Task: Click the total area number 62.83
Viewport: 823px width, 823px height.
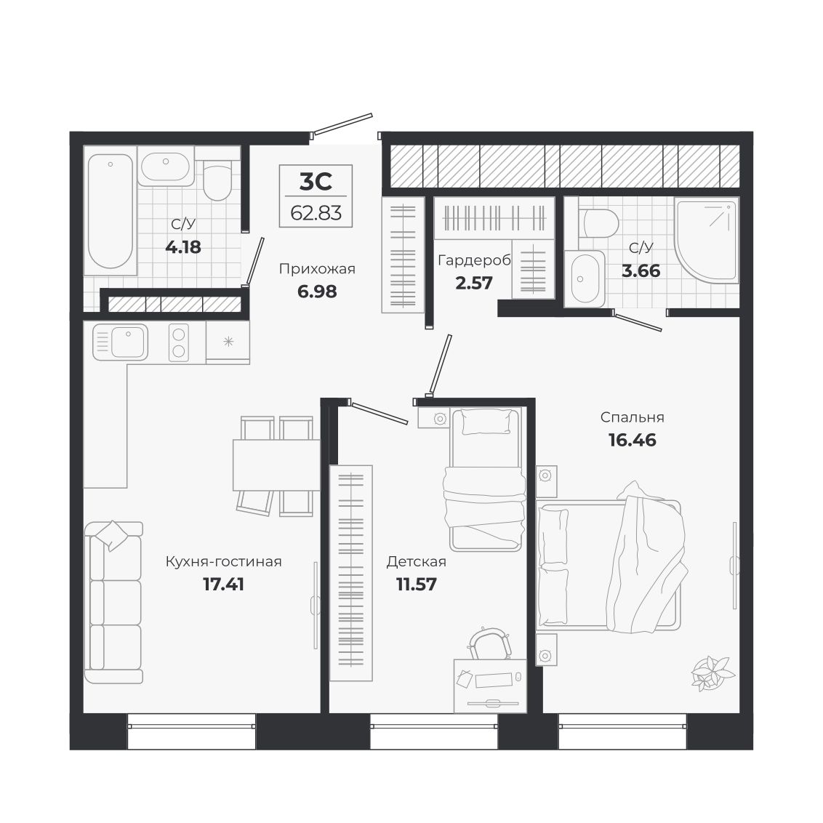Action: (316, 213)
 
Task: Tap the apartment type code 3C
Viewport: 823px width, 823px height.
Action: (316, 182)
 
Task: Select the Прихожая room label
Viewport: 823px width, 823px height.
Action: (317, 269)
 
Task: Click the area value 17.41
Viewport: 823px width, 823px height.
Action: (224, 585)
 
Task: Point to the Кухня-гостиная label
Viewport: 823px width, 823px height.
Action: (224, 561)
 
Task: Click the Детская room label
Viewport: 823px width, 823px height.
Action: (416, 561)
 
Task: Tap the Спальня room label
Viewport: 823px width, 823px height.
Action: (633, 417)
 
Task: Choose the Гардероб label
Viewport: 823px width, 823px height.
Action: (474, 260)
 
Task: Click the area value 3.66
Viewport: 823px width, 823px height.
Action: (641, 271)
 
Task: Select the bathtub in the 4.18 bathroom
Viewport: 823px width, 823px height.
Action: (111, 211)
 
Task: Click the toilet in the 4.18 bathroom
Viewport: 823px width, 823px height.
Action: (217, 180)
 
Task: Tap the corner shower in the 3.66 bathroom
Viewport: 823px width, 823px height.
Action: (707, 240)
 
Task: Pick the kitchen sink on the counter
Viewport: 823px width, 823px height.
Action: (120, 342)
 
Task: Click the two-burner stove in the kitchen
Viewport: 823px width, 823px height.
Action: (178, 342)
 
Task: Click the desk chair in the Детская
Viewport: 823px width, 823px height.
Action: (490, 644)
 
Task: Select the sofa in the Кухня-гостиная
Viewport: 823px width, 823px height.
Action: (114, 603)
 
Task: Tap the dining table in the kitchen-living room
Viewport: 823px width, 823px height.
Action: (276, 465)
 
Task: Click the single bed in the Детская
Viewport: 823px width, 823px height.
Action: (486, 479)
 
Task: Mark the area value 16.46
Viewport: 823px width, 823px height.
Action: (633, 440)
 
